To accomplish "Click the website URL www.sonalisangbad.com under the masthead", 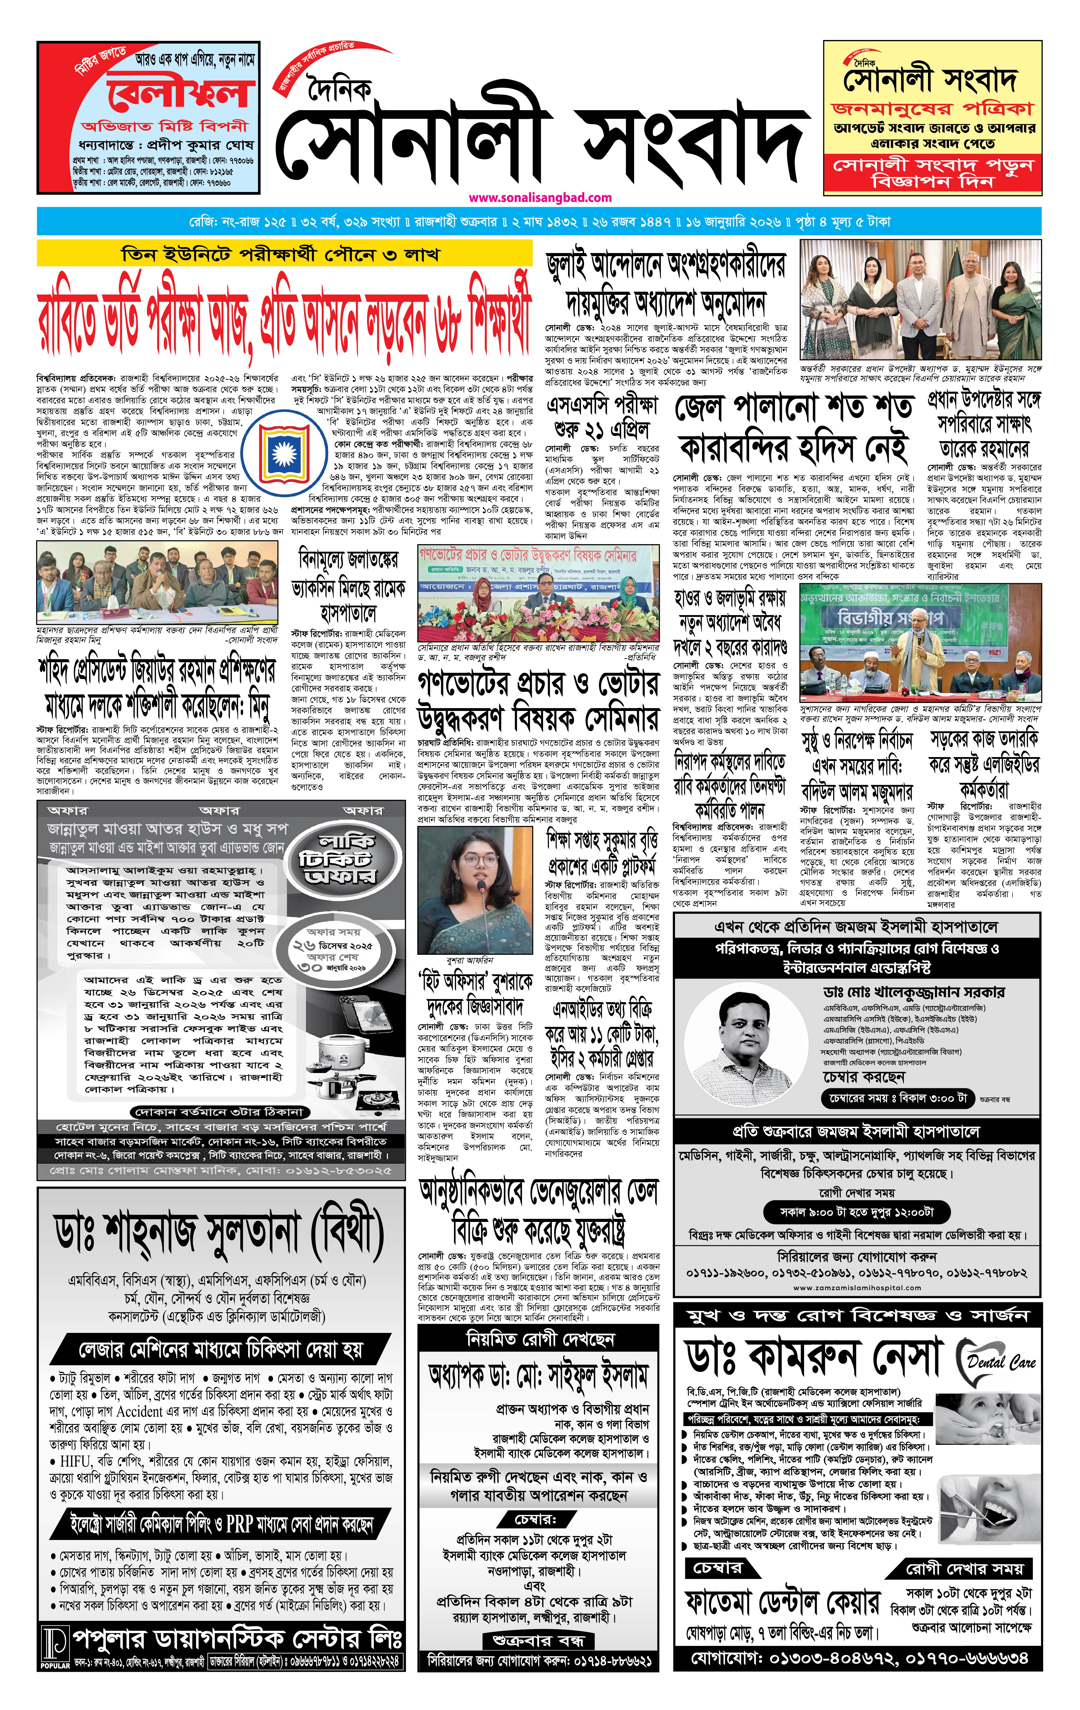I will click(x=540, y=197).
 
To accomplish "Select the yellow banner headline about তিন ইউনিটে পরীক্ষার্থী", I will click(x=281, y=254).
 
